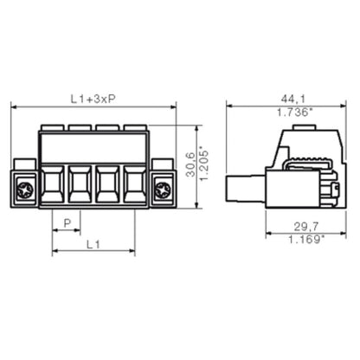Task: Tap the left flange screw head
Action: click(x=25, y=187)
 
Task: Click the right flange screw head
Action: click(x=161, y=187)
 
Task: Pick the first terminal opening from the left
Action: click(x=53, y=183)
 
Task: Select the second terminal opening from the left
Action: click(x=80, y=183)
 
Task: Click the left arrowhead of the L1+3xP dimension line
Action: click(x=14, y=106)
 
